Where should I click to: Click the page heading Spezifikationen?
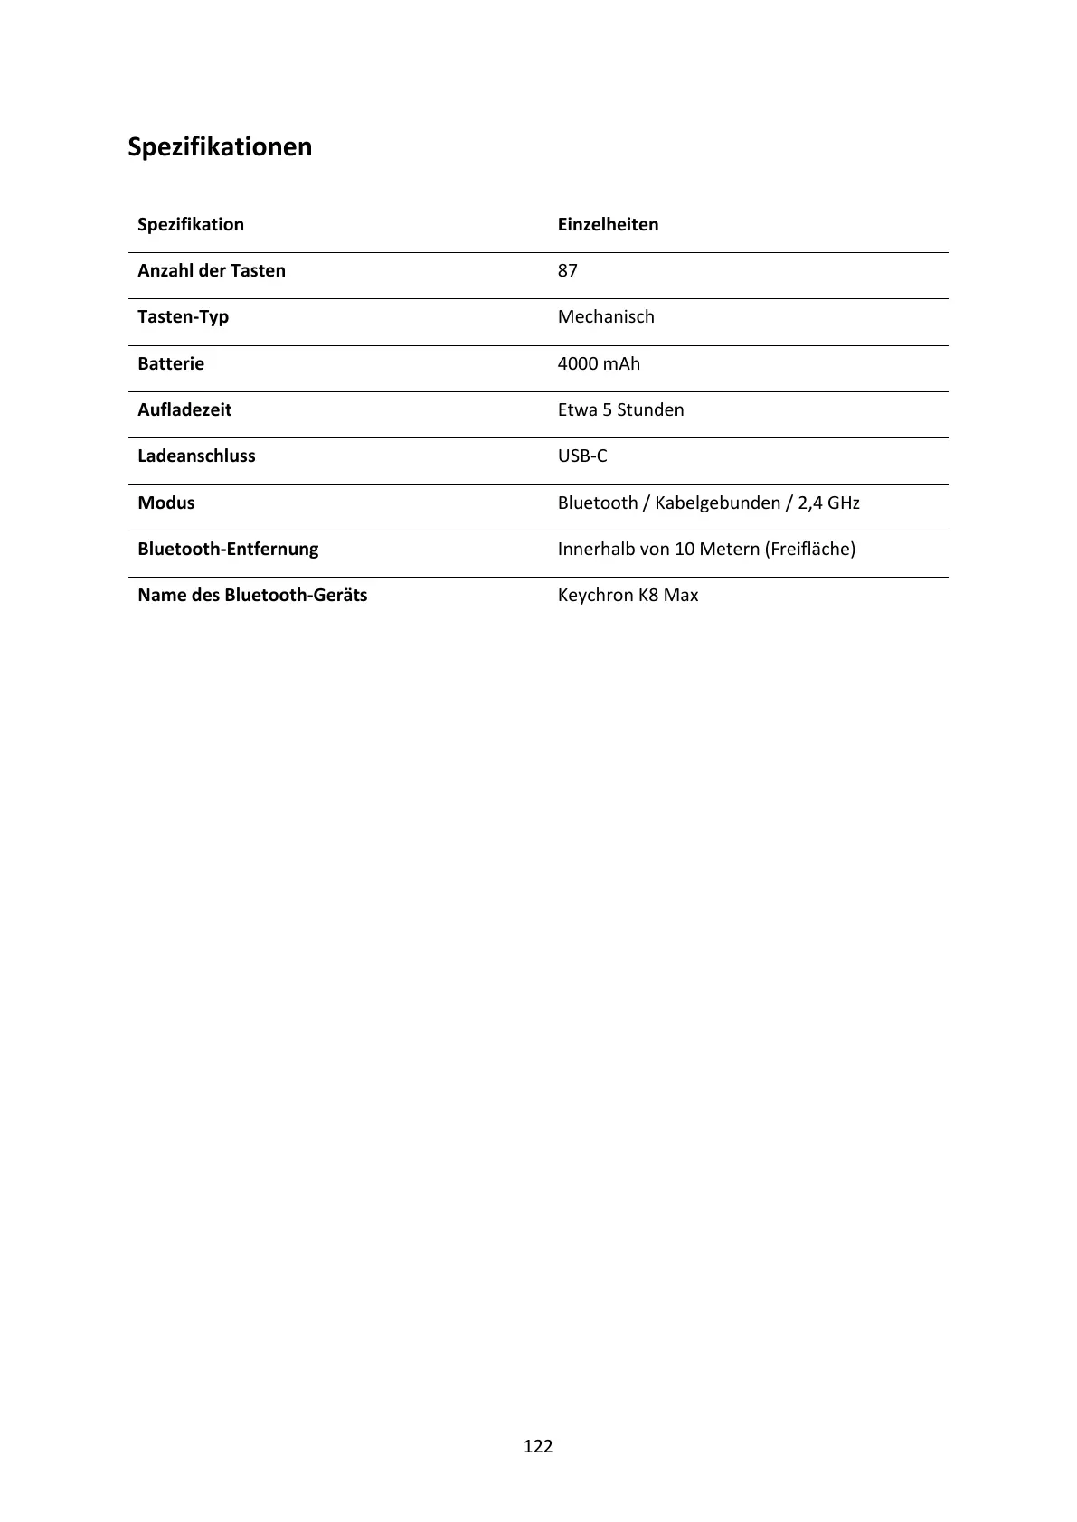220,146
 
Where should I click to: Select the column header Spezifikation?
191,224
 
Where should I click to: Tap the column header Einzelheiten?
608,224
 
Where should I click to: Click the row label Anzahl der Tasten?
212,270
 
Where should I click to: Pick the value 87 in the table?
567,270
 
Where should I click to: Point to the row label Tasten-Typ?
183,317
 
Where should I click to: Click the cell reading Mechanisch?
606,317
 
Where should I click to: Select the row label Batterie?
171,363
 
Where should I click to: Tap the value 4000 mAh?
599,363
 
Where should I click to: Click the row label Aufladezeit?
184,409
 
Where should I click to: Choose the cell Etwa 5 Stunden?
620,409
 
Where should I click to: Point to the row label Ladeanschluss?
196,456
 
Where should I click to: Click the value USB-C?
582,456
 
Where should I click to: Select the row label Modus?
166,503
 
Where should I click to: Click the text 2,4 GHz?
828,503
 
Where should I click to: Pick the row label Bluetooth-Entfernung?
228,549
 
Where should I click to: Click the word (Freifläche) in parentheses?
810,549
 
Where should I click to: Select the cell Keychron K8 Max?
628,595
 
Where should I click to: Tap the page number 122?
538,1446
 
